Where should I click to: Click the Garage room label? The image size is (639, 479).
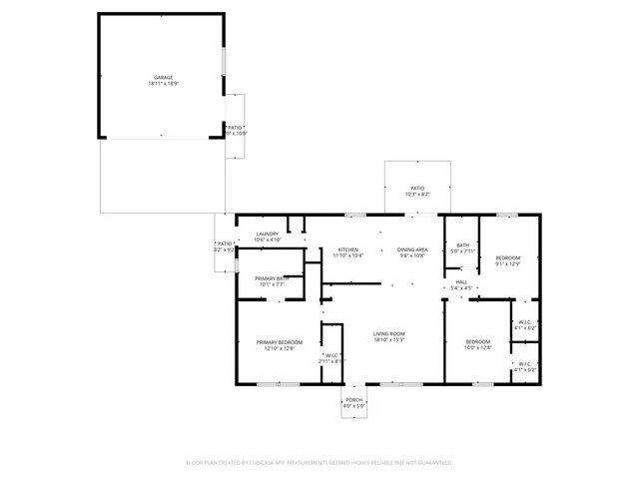163,77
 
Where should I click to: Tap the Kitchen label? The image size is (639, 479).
347,249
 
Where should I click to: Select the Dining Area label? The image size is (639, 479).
412,249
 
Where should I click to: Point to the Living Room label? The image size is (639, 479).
388,334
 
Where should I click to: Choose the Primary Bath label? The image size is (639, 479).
272,278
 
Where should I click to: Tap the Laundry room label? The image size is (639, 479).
268,235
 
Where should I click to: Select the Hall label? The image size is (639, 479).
462,282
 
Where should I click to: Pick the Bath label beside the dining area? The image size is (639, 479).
462,245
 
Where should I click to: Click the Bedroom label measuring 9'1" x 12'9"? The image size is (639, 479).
508,258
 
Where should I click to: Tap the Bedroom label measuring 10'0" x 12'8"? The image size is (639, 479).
478,342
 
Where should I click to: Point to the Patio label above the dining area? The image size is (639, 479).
416,189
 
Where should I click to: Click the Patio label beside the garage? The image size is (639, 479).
235,128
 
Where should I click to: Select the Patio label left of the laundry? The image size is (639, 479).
226,243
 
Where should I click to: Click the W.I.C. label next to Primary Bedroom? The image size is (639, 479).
332,355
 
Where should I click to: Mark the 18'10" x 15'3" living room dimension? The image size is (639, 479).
388,340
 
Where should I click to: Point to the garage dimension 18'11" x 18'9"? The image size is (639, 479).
163,84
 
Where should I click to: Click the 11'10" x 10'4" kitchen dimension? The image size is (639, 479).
347,255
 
